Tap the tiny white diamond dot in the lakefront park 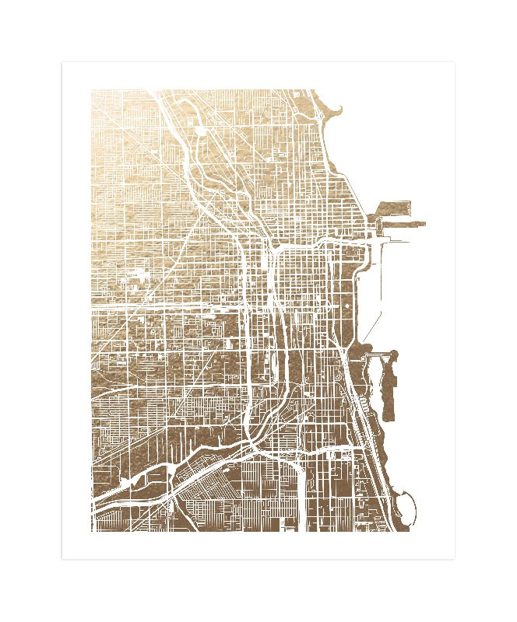click(x=346, y=306)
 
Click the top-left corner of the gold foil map click(x=92, y=90)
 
